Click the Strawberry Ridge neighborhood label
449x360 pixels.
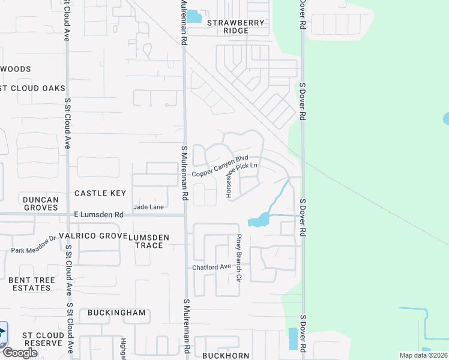(235, 26)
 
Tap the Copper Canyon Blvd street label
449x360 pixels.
(220, 166)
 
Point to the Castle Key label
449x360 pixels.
(100, 193)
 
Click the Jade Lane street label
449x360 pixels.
(148, 207)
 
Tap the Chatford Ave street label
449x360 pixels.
(211, 267)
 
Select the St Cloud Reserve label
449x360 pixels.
(42, 339)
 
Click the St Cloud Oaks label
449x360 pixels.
(32, 88)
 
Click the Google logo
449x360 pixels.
(19, 353)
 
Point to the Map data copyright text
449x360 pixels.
(422, 355)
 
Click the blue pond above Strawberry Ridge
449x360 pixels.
(194, 16)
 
